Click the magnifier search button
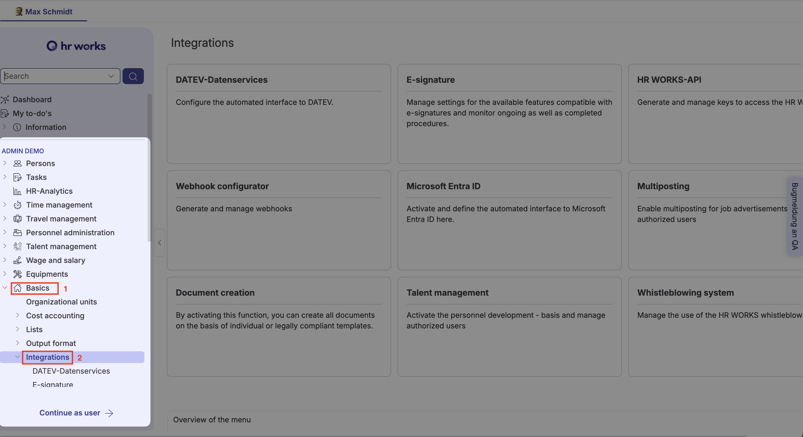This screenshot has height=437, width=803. click(x=133, y=76)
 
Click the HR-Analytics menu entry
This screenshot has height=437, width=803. click(x=49, y=191)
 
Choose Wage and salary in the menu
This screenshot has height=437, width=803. click(x=55, y=260)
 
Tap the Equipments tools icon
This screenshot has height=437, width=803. click(x=18, y=274)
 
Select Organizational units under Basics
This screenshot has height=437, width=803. click(x=61, y=302)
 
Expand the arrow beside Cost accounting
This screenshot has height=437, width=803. click(x=18, y=315)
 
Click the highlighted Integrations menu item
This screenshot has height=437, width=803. click(x=47, y=357)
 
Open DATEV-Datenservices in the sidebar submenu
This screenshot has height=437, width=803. click(x=71, y=371)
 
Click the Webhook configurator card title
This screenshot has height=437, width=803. click(x=222, y=186)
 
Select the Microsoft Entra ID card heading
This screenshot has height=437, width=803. click(x=443, y=186)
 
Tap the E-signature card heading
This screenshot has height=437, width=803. click(x=430, y=80)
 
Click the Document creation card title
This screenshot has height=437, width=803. click(x=215, y=293)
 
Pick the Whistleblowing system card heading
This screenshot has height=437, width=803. click(x=685, y=293)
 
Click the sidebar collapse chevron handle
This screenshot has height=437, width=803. click(x=160, y=243)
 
